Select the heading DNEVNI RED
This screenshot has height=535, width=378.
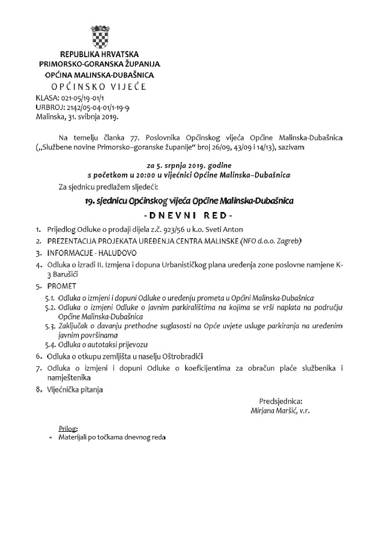tap(189, 215)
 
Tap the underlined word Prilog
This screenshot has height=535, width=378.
tap(68, 429)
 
